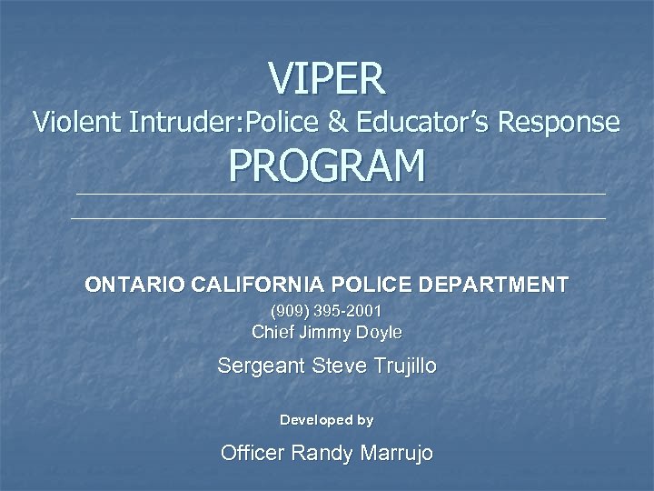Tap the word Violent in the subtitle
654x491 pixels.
point(76,122)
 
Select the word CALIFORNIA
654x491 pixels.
point(263,285)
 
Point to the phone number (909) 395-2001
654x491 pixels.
point(326,312)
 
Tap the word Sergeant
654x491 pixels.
point(262,366)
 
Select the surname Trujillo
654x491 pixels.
point(401,366)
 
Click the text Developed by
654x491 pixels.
point(326,420)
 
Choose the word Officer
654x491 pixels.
point(253,453)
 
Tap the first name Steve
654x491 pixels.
point(335,366)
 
